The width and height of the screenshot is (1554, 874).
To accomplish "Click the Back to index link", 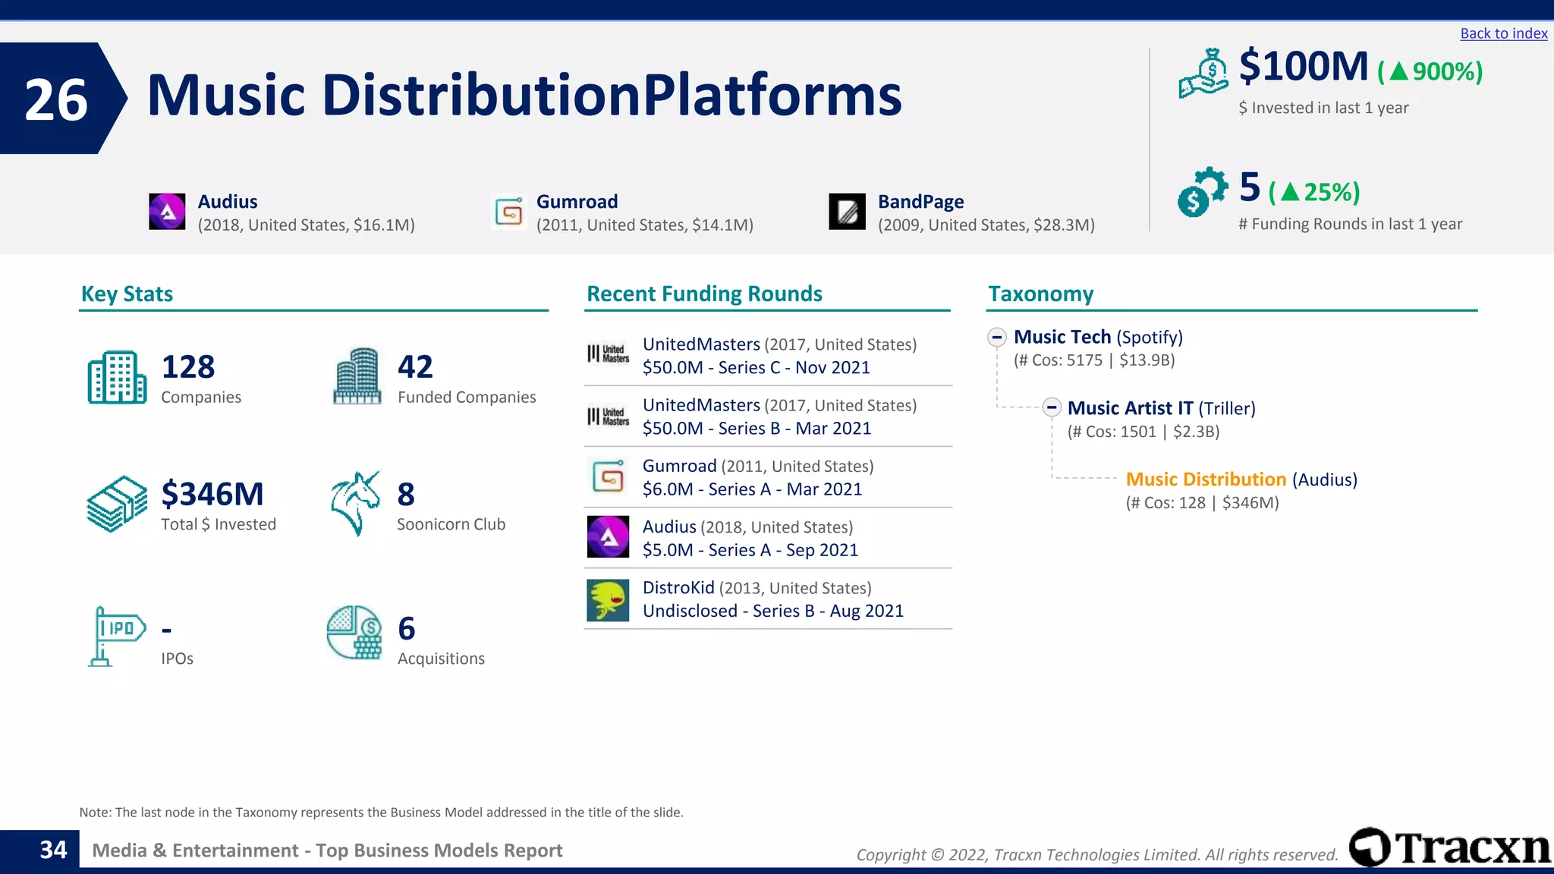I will click(1503, 33).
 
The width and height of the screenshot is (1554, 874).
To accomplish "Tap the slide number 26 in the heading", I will click(56, 99).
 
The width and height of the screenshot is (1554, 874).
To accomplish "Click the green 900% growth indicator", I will click(1430, 71).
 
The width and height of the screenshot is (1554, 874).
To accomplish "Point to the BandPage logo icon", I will click(847, 212).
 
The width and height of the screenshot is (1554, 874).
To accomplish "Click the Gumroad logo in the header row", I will click(509, 212).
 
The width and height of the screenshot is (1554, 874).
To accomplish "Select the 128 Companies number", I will click(188, 367).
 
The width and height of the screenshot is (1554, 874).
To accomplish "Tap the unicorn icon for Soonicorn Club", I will click(355, 503).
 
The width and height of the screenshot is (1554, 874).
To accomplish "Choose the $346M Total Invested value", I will click(212, 495).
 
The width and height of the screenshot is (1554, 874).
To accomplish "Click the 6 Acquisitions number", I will click(407, 629).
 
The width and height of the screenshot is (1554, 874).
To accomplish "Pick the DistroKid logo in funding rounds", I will click(608, 600).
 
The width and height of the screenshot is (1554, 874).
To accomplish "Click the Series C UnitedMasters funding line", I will click(756, 368).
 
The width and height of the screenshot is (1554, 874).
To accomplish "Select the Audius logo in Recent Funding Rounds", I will click(608, 537).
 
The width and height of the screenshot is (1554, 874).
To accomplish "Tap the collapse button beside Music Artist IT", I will click(1052, 407).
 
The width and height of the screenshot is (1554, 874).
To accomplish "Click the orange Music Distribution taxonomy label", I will click(1206, 479).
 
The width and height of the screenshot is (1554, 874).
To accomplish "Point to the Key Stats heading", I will click(127, 294).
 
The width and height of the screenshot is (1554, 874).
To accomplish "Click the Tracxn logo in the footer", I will click(1449, 847).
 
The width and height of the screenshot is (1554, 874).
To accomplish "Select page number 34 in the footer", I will click(53, 850).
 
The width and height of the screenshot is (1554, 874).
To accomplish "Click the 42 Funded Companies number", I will click(415, 367).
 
